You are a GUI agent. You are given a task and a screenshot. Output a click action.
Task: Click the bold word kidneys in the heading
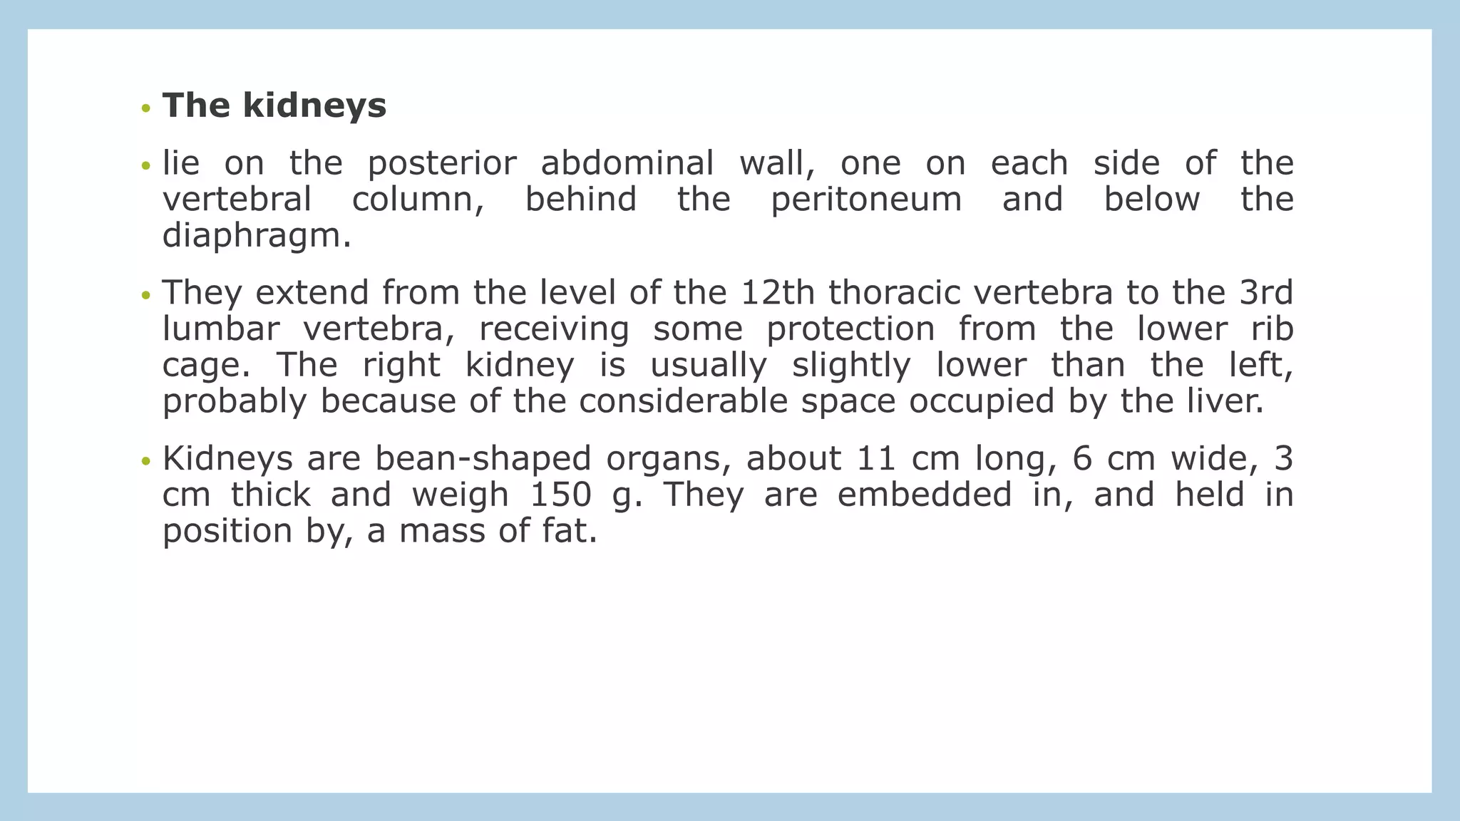(314, 106)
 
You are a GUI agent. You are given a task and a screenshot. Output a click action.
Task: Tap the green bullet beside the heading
(146, 109)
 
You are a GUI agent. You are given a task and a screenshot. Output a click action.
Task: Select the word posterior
(441, 164)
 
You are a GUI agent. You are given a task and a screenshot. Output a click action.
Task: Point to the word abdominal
(627, 164)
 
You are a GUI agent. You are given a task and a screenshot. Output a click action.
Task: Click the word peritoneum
(866, 200)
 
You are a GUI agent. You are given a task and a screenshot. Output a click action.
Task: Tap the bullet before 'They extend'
(146, 295)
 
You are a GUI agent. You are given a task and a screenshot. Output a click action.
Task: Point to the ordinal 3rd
(1266, 293)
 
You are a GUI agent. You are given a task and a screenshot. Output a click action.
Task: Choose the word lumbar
(220, 329)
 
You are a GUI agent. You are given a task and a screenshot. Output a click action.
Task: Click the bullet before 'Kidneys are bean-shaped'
(146, 461)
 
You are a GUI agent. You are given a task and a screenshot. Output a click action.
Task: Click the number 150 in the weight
(561, 495)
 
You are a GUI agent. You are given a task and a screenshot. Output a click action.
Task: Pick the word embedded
(925, 495)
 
